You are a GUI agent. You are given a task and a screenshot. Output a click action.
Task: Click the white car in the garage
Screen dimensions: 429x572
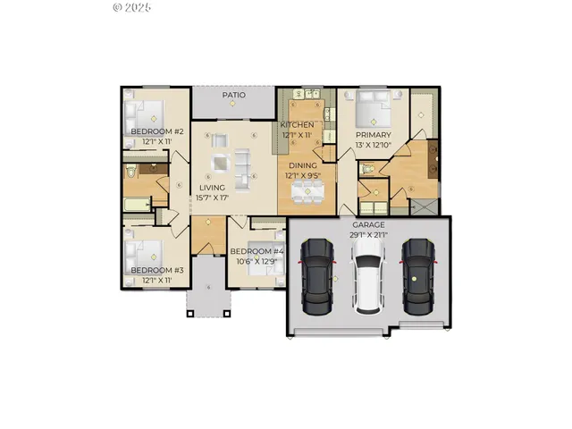(x=368, y=277)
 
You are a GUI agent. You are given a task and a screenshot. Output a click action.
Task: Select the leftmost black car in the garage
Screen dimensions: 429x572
(x=316, y=273)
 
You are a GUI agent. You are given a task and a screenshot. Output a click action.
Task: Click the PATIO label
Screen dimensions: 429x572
(x=234, y=95)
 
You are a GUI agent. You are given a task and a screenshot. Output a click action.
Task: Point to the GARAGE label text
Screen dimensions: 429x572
(x=368, y=225)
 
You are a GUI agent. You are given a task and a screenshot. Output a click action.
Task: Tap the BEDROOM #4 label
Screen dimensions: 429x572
(x=256, y=252)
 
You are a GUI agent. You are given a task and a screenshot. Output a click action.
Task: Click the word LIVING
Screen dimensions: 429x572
(x=211, y=188)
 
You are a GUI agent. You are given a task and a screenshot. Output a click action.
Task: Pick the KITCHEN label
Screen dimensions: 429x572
(x=298, y=125)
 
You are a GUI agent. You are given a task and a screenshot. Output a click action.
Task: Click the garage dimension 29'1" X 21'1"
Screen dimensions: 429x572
(x=368, y=234)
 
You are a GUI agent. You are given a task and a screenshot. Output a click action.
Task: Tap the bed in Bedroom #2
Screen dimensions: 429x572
(x=146, y=114)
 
